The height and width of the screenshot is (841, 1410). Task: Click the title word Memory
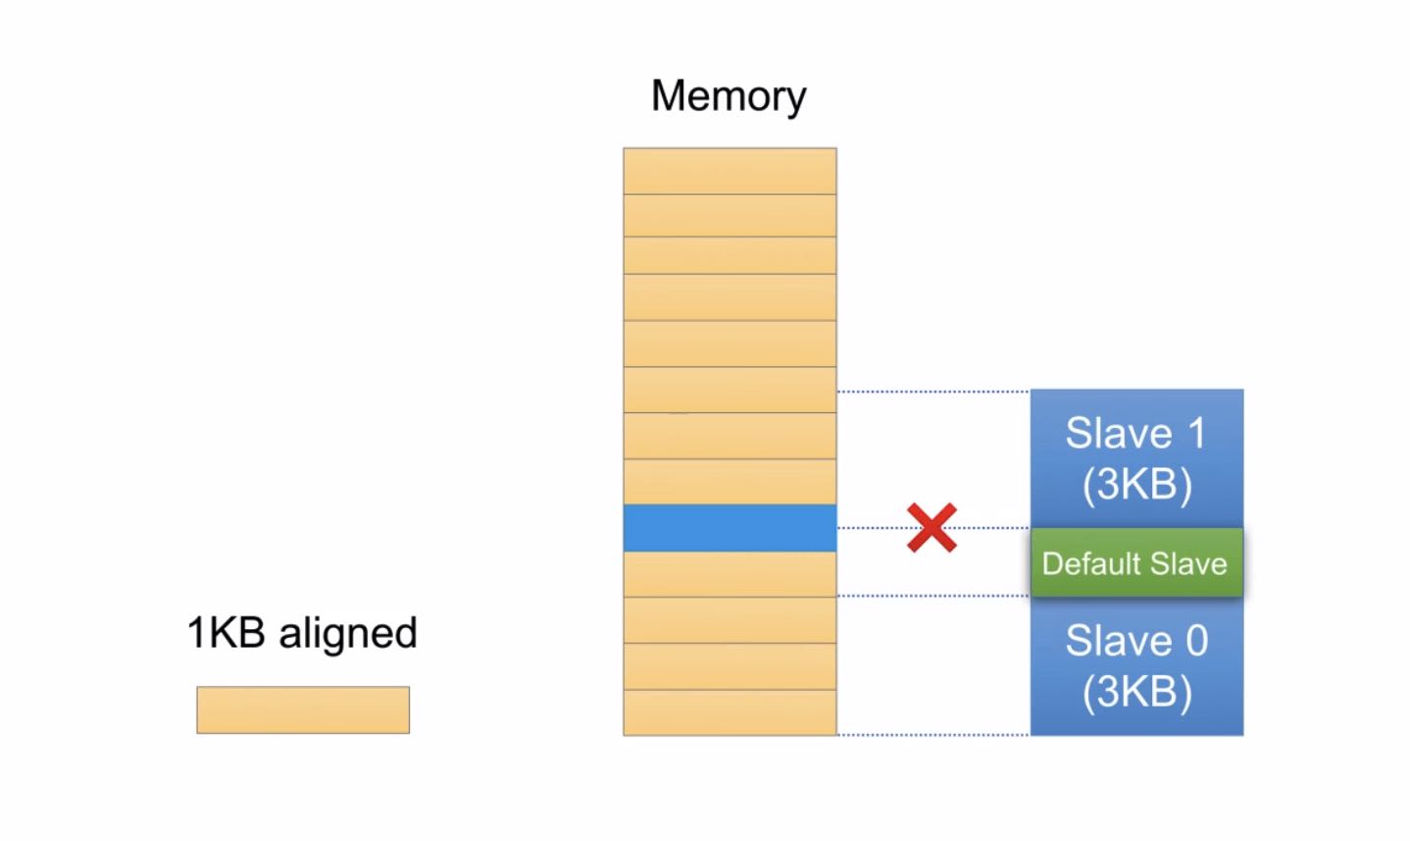tap(728, 96)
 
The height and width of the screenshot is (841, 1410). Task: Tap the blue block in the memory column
tap(730, 528)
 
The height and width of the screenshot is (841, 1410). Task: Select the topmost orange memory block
tap(730, 171)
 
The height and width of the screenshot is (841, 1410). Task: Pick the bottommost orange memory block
tap(730, 712)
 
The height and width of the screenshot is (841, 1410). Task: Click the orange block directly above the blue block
tap(730, 482)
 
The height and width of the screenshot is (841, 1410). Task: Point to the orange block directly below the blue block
tap(730, 574)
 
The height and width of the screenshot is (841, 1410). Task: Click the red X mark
tap(932, 528)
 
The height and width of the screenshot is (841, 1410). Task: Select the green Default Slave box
tap(1136, 563)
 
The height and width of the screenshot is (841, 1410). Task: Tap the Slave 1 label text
tap(1134, 434)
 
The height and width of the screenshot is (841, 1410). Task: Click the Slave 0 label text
tap(1135, 641)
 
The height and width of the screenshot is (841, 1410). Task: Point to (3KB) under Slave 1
tap(1136, 485)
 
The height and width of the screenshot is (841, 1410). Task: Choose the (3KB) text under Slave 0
tap(1136, 692)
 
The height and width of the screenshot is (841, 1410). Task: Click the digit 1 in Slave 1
tap(1195, 434)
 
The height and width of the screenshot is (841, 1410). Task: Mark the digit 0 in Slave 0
tap(1196, 641)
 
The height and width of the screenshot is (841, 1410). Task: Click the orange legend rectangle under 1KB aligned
tap(303, 710)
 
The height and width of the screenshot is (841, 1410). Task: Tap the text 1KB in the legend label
tap(227, 633)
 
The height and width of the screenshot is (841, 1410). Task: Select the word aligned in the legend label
tap(348, 634)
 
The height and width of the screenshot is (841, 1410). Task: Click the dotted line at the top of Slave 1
tap(932, 392)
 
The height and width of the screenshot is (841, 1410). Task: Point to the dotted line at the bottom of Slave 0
tap(932, 734)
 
